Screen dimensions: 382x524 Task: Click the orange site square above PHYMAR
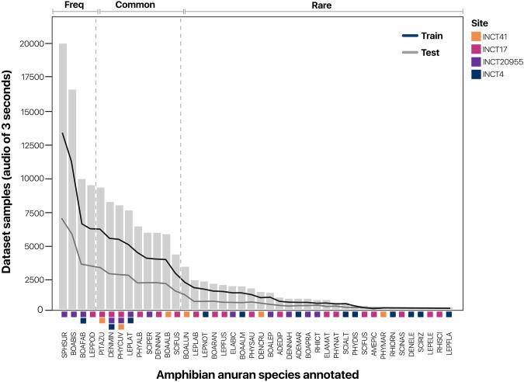click(383, 314)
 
